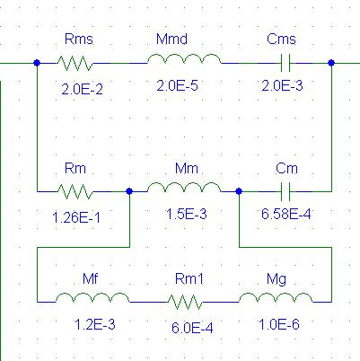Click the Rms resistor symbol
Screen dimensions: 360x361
(x=75, y=63)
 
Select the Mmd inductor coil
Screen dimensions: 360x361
(x=184, y=59)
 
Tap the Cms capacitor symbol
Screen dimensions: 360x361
(x=285, y=63)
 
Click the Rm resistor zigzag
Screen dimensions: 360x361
(x=75, y=191)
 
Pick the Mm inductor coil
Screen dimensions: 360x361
(x=184, y=188)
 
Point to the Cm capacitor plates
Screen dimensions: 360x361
(x=285, y=191)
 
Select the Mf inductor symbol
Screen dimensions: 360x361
(x=92, y=297)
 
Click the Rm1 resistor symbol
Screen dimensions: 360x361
(x=185, y=302)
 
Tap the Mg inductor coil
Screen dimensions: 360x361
(x=276, y=297)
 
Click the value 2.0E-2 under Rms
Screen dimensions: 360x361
(x=82, y=89)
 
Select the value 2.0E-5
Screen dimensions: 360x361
(x=177, y=86)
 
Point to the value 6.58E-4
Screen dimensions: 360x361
(x=286, y=214)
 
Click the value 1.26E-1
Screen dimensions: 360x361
(x=76, y=217)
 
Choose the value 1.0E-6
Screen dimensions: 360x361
(x=278, y=324)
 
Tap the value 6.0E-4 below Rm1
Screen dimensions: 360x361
(x=192, y=328)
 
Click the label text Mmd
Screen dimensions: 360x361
(x=171, y=40)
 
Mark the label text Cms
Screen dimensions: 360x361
(x=281, y=40)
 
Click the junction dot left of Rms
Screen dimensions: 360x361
(x=37, y=63)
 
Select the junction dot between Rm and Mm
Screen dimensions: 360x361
(x=129, y=191)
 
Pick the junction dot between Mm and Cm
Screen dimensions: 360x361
(x=239, y=191)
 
